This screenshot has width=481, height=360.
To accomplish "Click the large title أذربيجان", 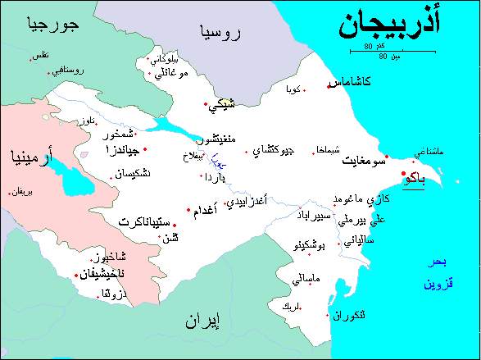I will [x=400, y=28].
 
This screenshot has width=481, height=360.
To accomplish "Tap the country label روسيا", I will [x=220, y=34].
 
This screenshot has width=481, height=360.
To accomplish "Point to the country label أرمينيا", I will [x=32, y=157].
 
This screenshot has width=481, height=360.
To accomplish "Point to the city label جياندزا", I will [x=120, y=150].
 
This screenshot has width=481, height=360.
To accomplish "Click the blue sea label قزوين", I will [x=438, y=285].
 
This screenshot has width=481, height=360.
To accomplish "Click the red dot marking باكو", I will [x=403, y=174].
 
